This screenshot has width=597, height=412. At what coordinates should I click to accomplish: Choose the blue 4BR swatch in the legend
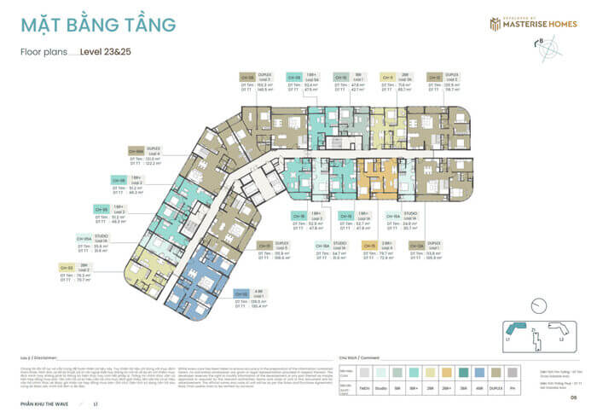480,373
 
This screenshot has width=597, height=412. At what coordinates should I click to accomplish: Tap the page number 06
574,397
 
